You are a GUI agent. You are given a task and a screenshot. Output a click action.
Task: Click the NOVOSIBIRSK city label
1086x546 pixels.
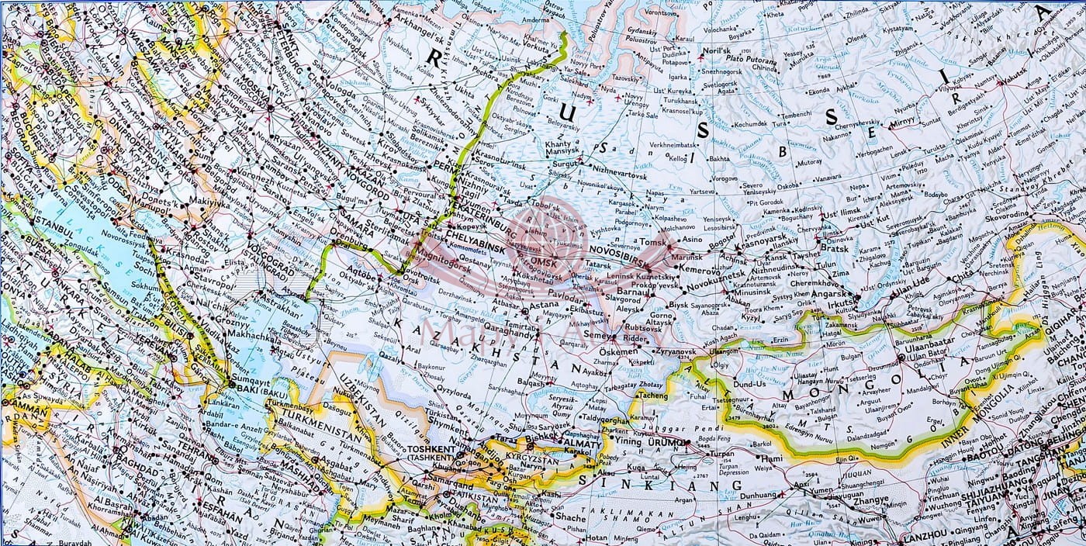[x=617, y=251]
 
